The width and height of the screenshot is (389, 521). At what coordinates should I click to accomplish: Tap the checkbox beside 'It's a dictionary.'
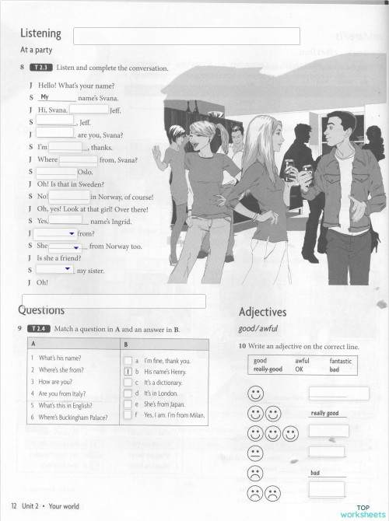pyautogui.click(x=128, y=383)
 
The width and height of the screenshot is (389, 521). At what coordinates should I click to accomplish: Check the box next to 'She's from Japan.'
pyautogui.click(x=128, y=404)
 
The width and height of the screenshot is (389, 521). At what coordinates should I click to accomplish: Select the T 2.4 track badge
pyautogui.click(x=39, y=330)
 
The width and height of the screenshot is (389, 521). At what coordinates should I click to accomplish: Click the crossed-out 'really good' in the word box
pyautogui.click(x=268, y=369)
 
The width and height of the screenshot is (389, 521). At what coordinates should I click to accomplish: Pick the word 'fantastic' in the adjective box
pyautogui.click(x=340, y=361)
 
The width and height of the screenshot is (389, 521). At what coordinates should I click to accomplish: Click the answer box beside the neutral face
pyautogui.click(x=328, y=451)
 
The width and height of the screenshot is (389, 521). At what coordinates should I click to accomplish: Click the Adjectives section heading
pyautogui.click(x=263, y=313)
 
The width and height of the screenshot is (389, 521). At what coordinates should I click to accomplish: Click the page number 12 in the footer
pyautogui.click(x=14, y=506)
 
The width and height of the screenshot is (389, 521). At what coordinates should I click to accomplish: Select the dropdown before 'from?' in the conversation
pyautogui.click(x=56, y=233)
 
